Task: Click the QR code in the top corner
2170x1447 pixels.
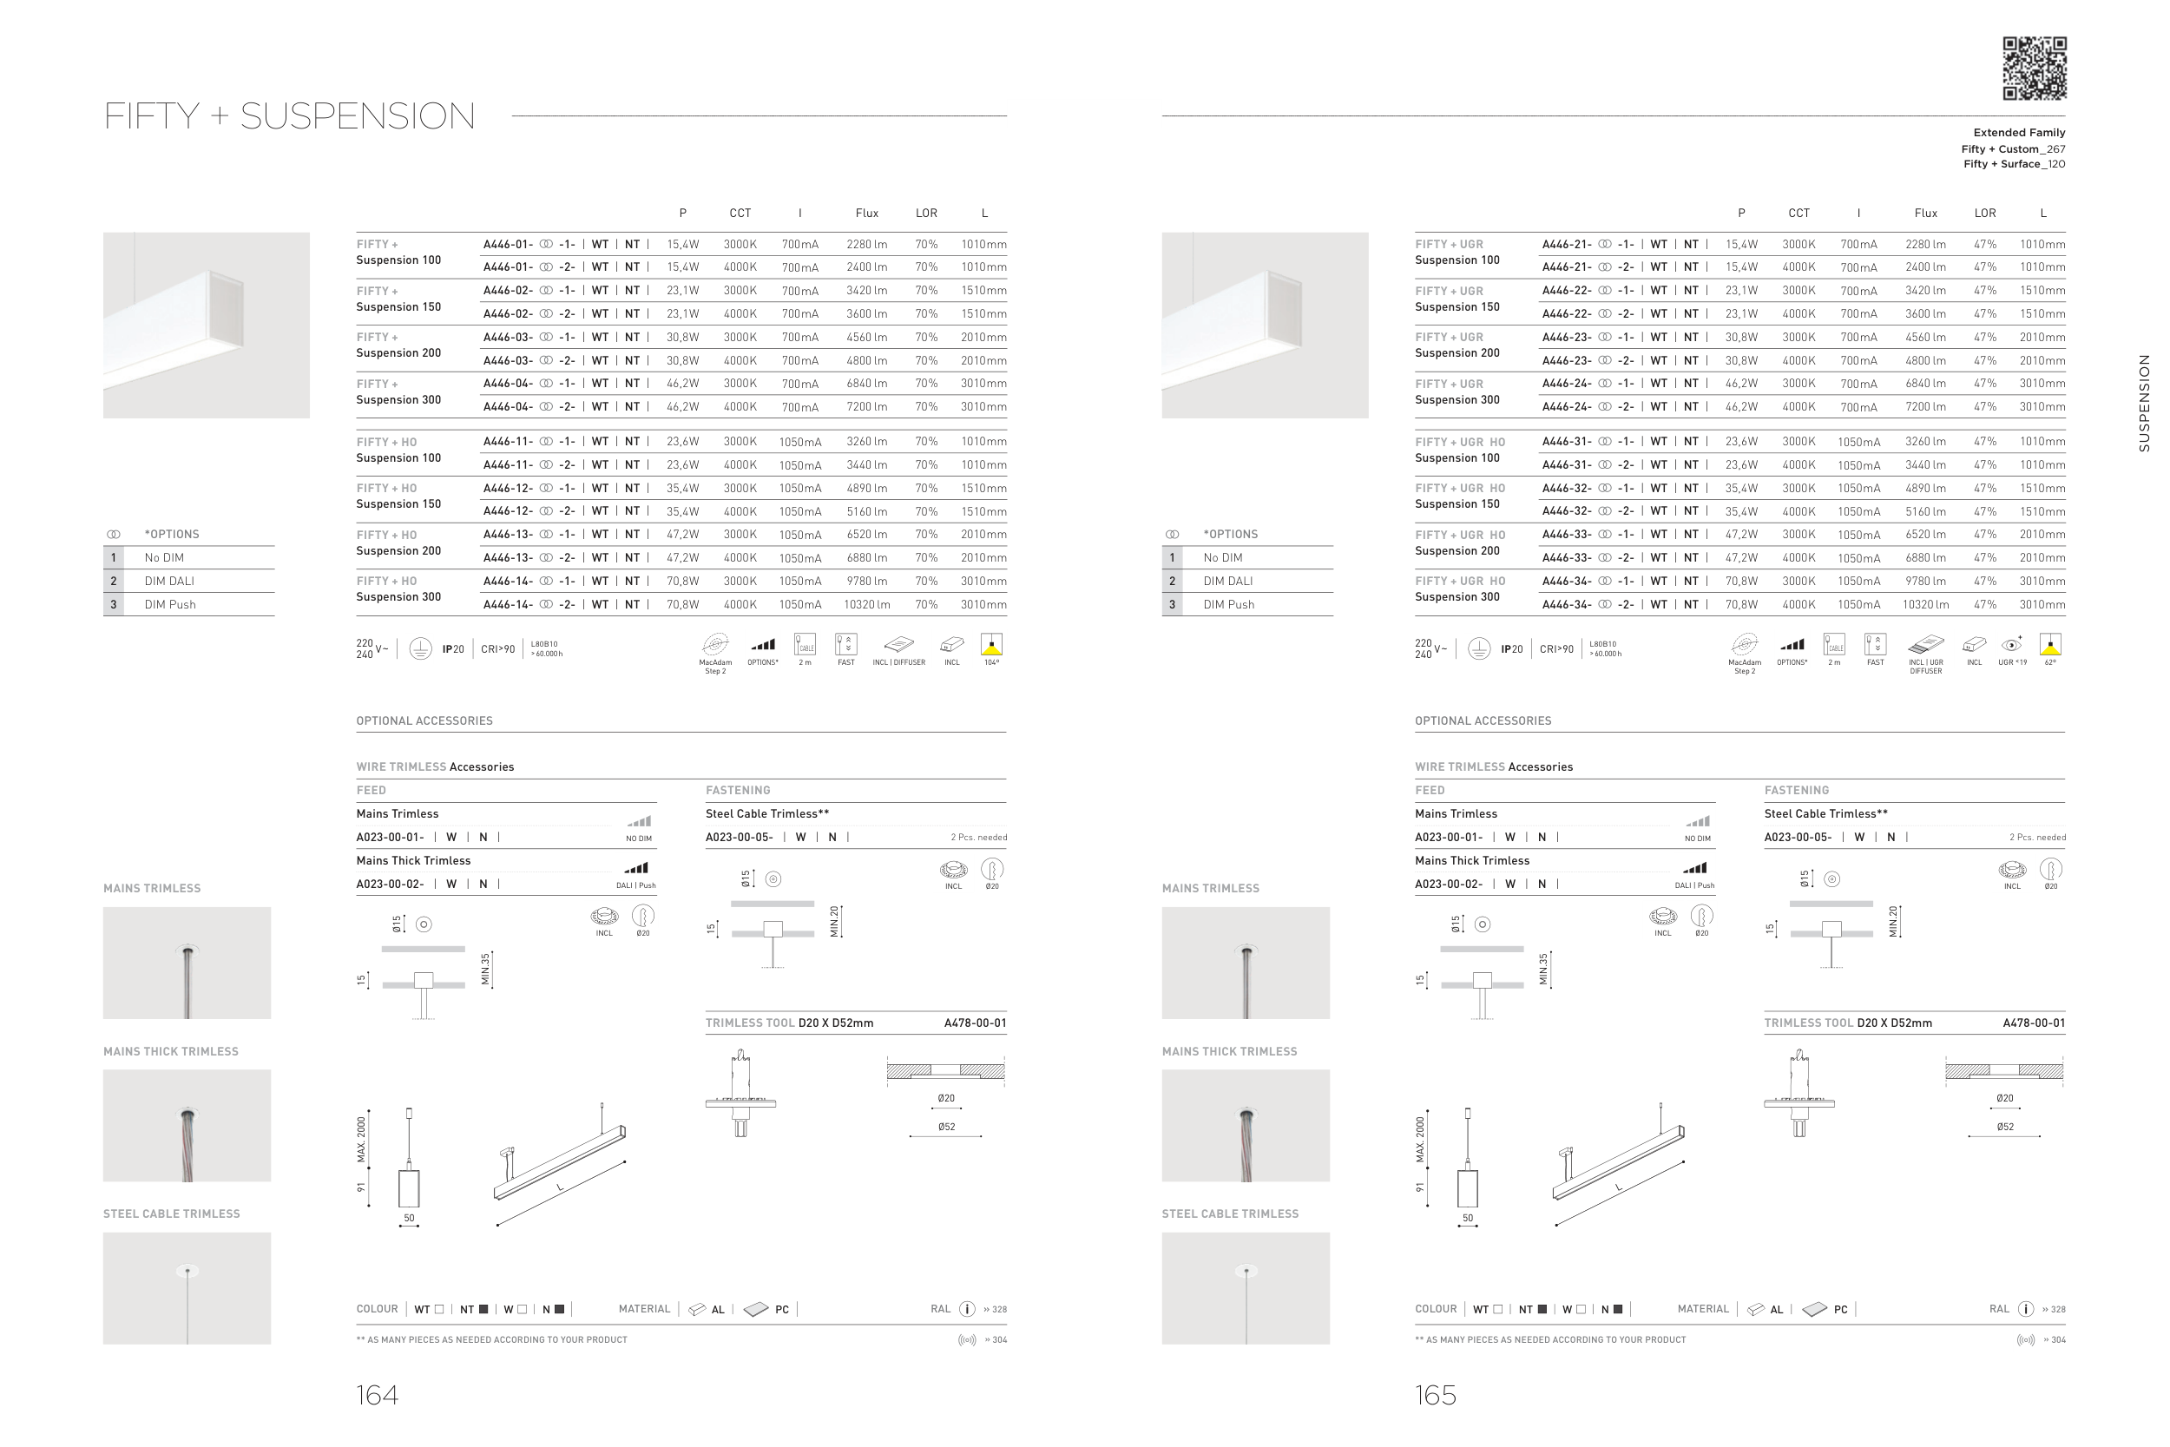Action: (x=2034, y=69)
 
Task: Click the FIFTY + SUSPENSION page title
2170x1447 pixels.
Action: (x=290, y=116)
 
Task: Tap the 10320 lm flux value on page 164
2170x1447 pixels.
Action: (x=866, y=604)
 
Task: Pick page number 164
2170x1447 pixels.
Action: (x=378, y=1394)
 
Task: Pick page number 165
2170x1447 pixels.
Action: (x=1436, y=1394)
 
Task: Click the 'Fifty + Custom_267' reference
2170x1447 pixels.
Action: (x=2013, y=148)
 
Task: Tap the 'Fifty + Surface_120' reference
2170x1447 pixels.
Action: (x=2014, y=164)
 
